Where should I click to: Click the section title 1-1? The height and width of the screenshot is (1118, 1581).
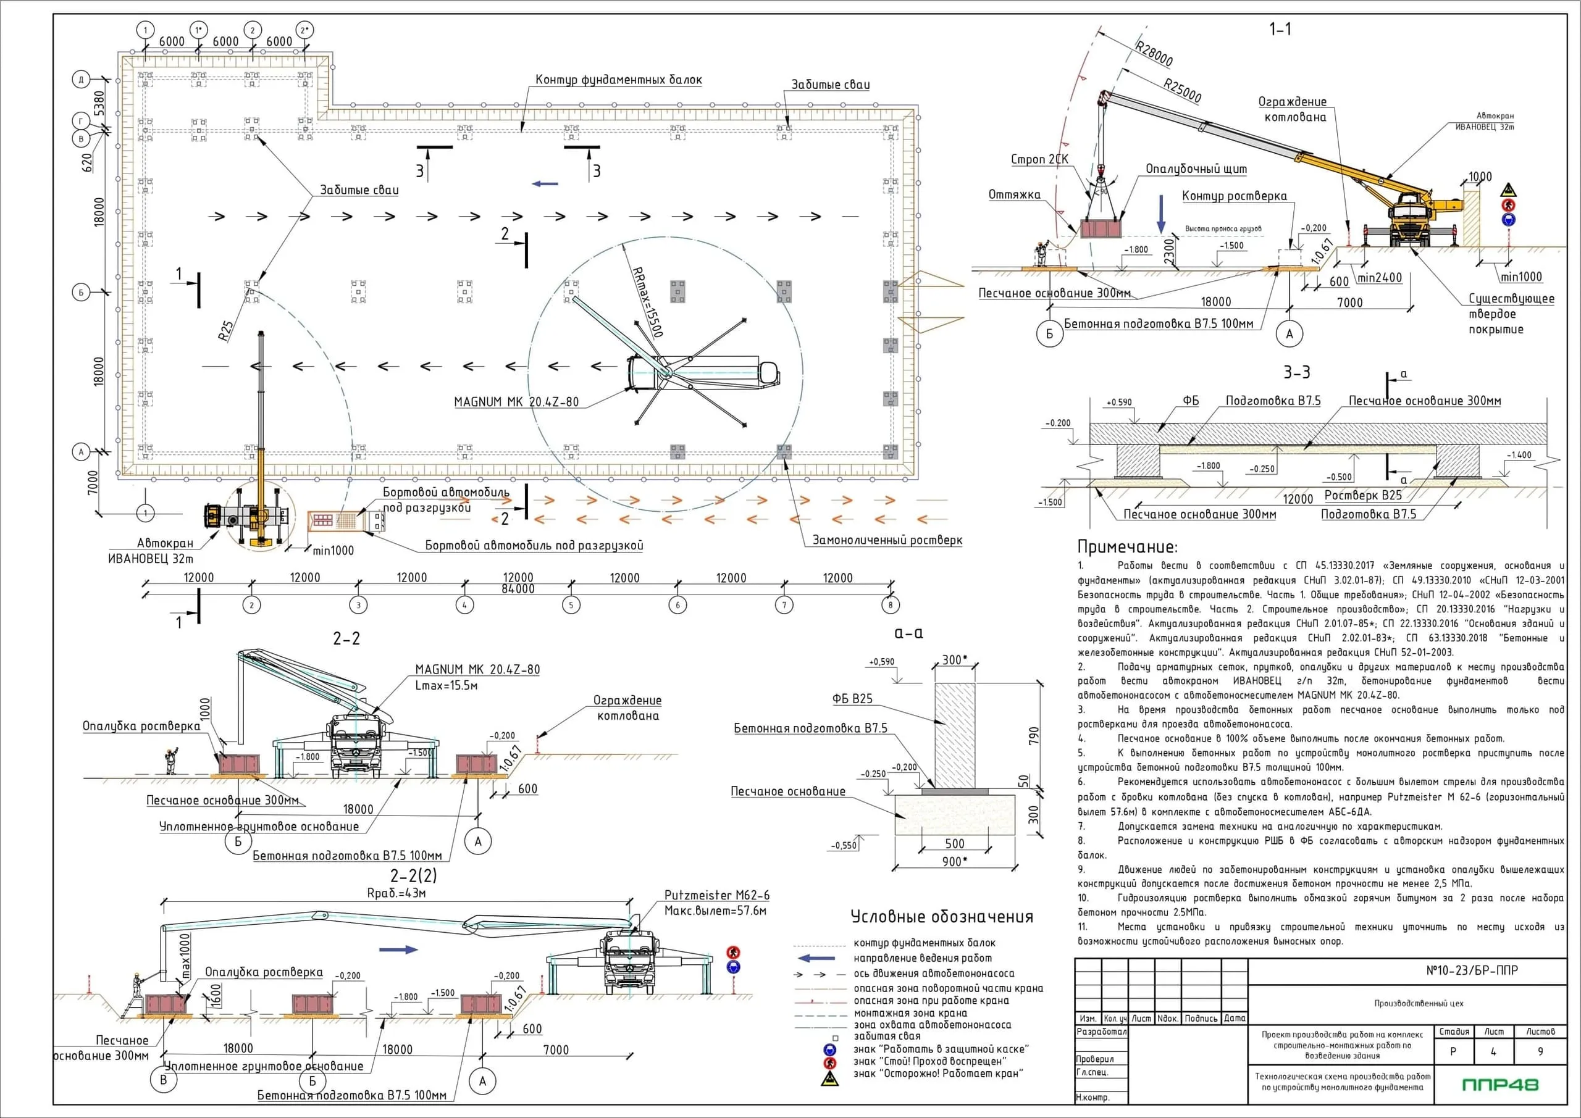[x=1280, y=29]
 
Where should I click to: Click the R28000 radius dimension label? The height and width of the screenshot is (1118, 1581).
[x=1154, y=54]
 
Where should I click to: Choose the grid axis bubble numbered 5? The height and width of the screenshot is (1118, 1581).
[x=571, y=605]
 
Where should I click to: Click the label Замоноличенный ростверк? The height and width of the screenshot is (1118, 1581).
[x=887, y=540]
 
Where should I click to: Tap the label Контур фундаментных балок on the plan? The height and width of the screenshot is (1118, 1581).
[x=618, y=80]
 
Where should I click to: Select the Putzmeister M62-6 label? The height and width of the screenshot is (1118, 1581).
[x=717, y=895]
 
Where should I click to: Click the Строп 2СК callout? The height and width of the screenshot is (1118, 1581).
[x=1039, y=159]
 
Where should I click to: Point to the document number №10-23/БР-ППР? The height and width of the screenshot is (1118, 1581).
[x=1472, y=970]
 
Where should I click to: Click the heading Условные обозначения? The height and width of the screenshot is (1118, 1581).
[x=941, y=917]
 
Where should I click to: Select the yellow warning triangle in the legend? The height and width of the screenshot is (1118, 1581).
[x=830, y=1078]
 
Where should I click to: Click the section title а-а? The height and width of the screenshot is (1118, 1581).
[x=908, y=633]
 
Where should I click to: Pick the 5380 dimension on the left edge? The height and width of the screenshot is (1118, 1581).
[x=99, y=103]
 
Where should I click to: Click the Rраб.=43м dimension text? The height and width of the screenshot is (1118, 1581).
[x=396, y=893]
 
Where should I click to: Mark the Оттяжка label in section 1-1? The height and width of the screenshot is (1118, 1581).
[x=1014, y=195]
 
